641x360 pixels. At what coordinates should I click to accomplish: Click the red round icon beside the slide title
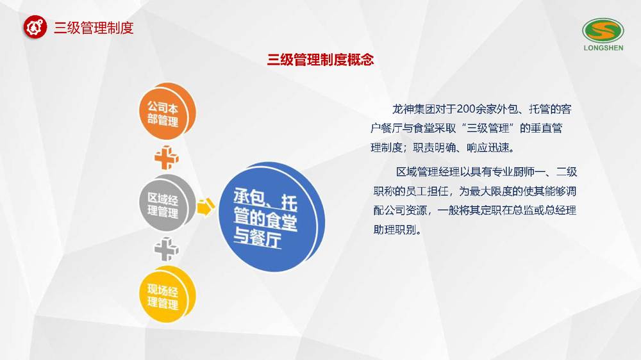pyautogui.click(x=35, y=27)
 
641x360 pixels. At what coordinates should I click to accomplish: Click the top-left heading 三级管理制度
pyautogui.click(x=94, y=28)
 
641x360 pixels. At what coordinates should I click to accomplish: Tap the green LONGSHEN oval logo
pyautogui.click(x=603, y=31)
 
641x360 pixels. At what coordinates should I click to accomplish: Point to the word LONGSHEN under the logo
pyautogui.click(x=603, y=48)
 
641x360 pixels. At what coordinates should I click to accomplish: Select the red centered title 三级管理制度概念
pyautogui.click(x=320, y=60)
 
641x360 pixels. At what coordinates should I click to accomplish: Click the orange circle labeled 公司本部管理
pyautogui.click(x=167, y=111)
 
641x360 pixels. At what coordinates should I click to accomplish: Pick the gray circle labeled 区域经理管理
pyautogui.click(x=167, y=203)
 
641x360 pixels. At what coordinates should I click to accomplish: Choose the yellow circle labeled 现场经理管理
pyautogui.click(x=167, y=295)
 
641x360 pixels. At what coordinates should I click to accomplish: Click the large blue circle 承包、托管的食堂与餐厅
pyautogui.click(x=271, y=217)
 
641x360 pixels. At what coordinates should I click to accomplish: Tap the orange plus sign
pyautogui.click(x=167, y=158)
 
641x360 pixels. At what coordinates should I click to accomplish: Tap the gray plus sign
pyautogui.click(x=167, y=249)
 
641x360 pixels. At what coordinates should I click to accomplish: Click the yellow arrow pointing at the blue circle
pyautogui.click(x=206, y=207)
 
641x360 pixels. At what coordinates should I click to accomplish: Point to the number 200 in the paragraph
pyautogui.click(x=465, y=109)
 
